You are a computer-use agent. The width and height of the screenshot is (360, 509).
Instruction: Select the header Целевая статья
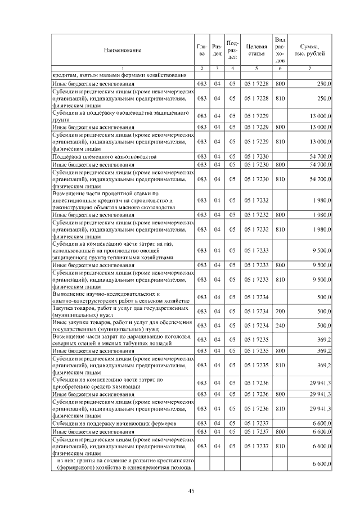pyautogui.click(x=256, y=49)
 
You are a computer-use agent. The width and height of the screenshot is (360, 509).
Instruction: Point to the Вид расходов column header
pyautogui.click(x=281, y=49)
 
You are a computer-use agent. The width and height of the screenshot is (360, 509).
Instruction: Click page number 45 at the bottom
pyautogui.click(x=191, y=491)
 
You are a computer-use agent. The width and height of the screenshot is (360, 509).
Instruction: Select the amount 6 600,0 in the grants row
pyautogui.click(x=321, y=465)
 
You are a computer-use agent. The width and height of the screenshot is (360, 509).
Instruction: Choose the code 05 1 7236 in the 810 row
pyautogui.click(x=256, y=409)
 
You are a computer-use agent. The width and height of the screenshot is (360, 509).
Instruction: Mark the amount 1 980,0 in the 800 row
pyautogui.click(x=321, y=215)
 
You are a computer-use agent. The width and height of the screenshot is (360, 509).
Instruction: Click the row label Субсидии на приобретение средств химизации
pyautogui.click(x=107, y=383)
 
